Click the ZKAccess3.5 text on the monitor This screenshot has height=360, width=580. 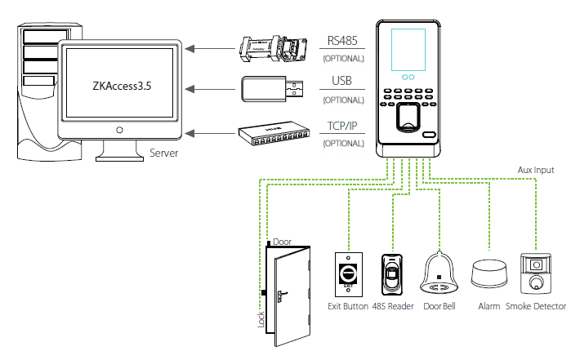[120, 84]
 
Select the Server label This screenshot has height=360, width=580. [167, 153]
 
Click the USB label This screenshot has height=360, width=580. [342, 82]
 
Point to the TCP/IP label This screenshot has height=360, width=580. [342, 127]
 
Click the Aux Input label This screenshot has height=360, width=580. [536, 170]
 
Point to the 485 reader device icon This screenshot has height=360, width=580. [393, 273]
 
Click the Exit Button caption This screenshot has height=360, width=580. [347, 306]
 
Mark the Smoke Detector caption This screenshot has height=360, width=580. [535, 306]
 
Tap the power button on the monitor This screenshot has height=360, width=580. [120, 130]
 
